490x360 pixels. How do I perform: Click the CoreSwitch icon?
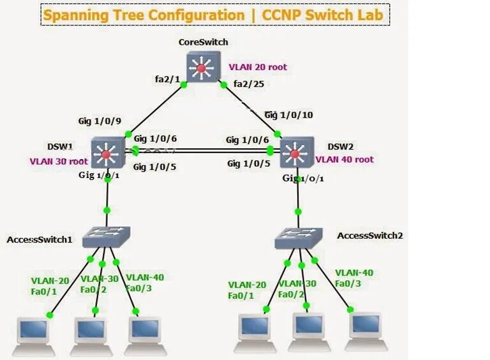point(202,67)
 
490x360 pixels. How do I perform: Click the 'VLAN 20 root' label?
point(257,67)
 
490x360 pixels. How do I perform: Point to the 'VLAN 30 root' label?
point(58,161)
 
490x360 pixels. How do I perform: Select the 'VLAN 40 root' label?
point(345,160)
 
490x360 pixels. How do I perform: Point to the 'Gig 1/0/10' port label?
point(288,115)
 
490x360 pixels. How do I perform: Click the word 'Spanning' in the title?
point(80,15)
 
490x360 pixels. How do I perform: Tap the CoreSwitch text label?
point(203,42)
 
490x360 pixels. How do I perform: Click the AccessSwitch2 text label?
point(370,236)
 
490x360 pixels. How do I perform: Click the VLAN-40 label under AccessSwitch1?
point(145,277)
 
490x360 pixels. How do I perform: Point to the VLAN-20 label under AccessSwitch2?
point(247,285)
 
